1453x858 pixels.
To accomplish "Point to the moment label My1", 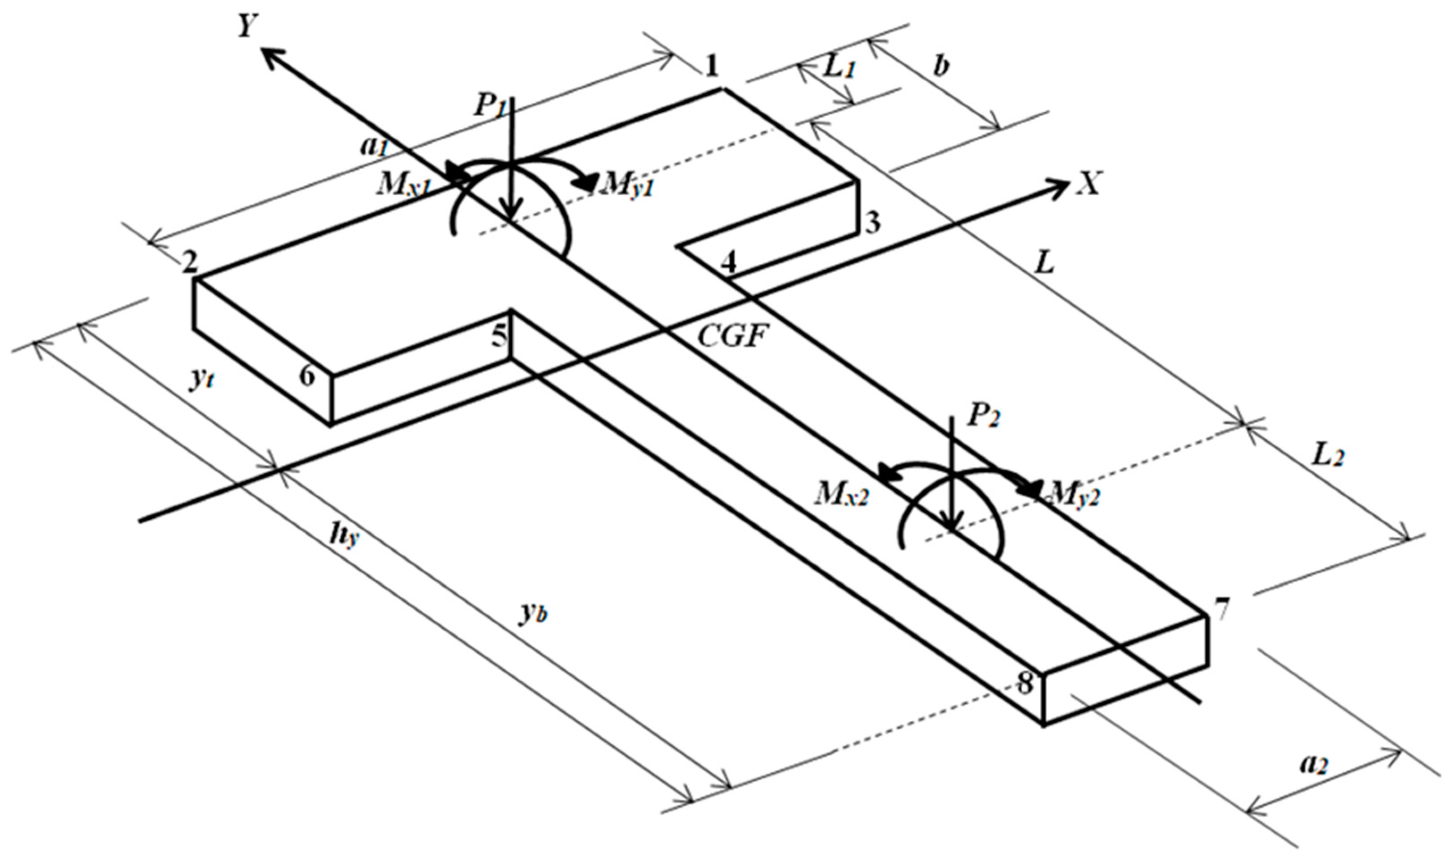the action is (628, 185).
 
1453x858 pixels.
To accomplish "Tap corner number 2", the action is (189, 264).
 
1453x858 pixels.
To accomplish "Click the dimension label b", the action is (941, 67).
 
